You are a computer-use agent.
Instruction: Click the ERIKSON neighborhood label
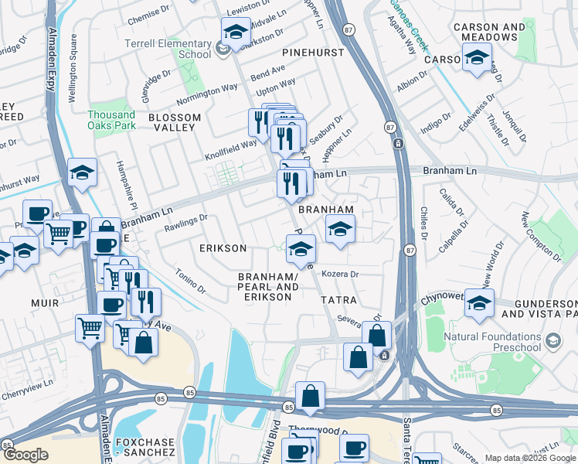(x=223, y=248)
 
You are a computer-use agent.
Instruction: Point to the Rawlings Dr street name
(x=185, y=222)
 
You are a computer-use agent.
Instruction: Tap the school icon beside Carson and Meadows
(x=477, y=57)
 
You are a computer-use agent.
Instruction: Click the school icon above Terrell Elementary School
(x=235, y=32)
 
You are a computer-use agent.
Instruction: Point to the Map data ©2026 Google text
(x=530, y=458)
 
